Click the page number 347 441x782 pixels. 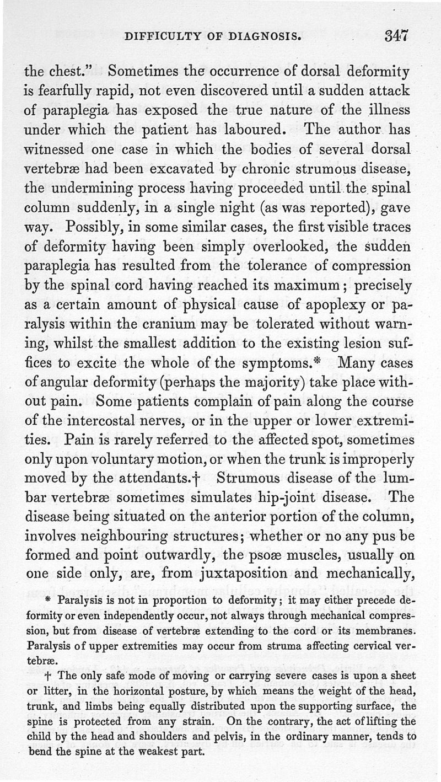point(397,36)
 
